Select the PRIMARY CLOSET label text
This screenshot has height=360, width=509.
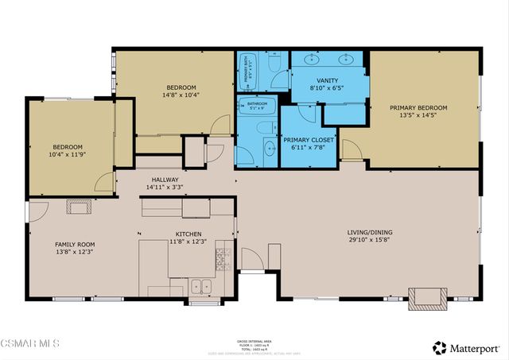click(x=309, y=140)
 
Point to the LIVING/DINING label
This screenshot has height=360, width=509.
click(x=370, y=233)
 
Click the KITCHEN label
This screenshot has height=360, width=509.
click(x=188, y=234)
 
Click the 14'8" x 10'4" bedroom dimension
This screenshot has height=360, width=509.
click(x=181, y=95)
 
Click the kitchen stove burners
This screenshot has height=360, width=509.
click(x=223, y=259)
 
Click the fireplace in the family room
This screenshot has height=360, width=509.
click(x=79, y=208)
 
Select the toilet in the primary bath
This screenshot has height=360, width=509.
click(x=273, y=60)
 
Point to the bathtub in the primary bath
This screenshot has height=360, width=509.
click(x=247, y=73)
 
